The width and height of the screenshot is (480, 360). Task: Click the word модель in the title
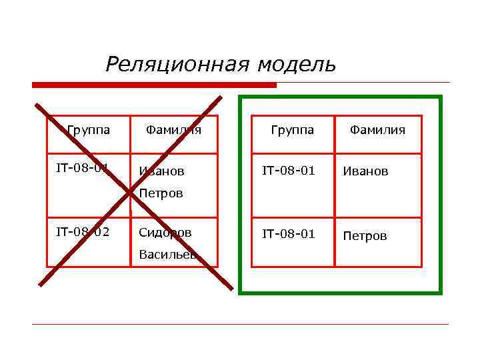tap(297, 65)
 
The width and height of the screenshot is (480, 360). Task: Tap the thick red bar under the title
tap(154, 85)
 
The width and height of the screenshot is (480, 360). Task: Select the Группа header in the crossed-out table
tap(89, 129)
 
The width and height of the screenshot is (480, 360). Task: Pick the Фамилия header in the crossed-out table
tap(173, 129)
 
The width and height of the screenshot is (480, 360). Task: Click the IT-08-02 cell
tap(83, 233)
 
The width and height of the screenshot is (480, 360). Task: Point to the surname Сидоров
tap(165, 233)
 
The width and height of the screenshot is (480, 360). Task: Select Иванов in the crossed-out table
tap(161, 171)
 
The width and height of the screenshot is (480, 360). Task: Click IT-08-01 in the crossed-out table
tap(83, 167)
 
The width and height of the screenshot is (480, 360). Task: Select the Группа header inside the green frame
tap(293, 129)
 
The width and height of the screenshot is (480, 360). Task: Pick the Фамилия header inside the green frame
tap(378, 129)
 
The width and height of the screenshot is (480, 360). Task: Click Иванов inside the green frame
tap(365, 171)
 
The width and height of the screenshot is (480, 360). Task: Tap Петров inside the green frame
tap(365, 236)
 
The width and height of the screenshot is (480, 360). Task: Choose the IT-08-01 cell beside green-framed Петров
tap(288, 234)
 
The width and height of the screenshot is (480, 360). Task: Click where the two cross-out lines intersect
tap(131, 194)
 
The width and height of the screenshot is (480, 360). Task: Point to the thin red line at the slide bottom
tap(240, 324)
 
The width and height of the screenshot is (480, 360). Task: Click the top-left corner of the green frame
tap(241, 97)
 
